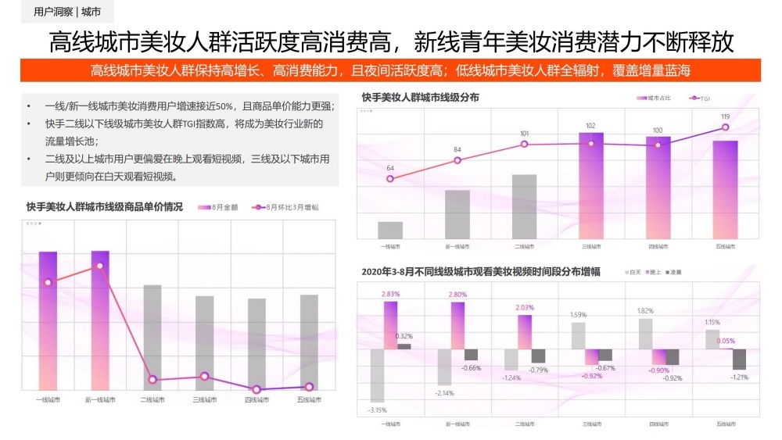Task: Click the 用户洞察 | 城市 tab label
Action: tap(68, 13)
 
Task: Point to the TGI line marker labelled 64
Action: tap(390, 179)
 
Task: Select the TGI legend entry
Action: tap(701, 98)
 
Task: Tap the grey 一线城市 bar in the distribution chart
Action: tap(390, 230)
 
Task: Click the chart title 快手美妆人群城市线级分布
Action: tap(421, 98)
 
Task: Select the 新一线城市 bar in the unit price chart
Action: tap(100, 319)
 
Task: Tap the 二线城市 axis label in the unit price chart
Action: tap(152, 399)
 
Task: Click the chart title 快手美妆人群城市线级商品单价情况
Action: tap(104, 207)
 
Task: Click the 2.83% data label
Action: tap(390, 294)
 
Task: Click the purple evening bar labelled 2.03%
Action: tap(525, 331)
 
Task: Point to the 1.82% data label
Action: tap(644, 310)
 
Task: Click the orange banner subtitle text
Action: tap(390, 70)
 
